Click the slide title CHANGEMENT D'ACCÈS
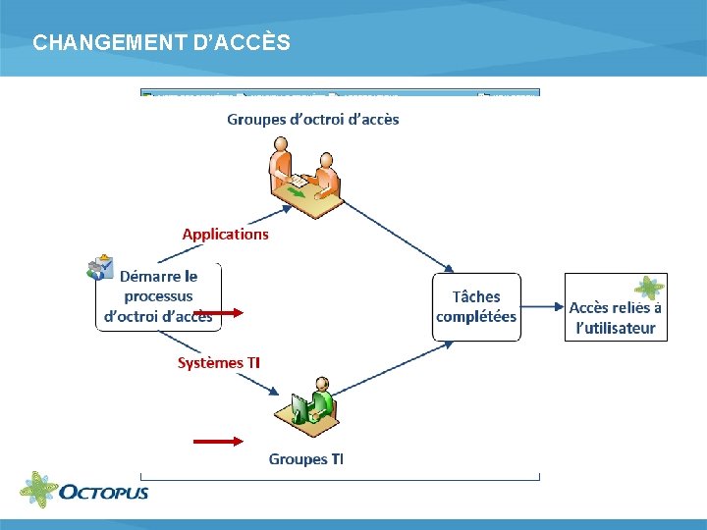coord(161,43)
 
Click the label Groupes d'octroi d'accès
coord(313,120)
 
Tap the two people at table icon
coord(304,177)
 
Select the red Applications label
coord(225,234)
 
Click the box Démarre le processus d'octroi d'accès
coord(158,296)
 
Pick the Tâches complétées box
coord(476,306)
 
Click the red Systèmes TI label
coord(218,362)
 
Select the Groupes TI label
coord(306,458)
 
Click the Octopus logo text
coord(104,491)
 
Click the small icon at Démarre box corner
coord(100,268)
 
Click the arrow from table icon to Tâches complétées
coord(398,231)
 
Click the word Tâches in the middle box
coord(476,296)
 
